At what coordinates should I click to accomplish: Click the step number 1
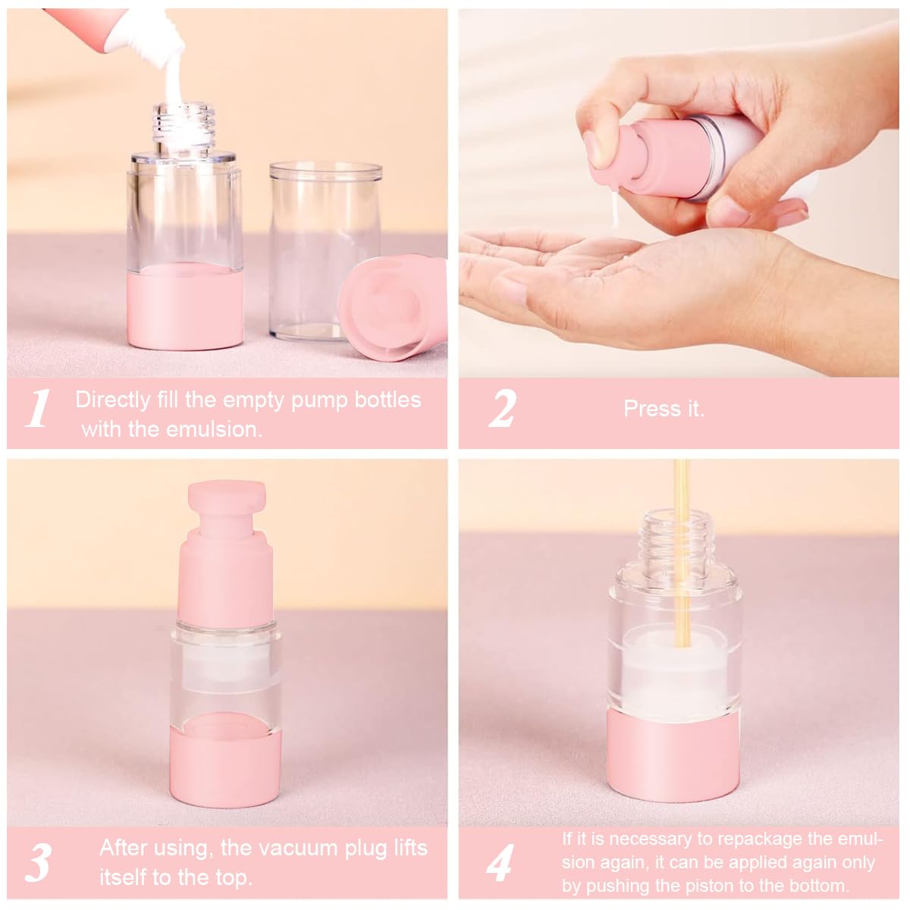point(38,409)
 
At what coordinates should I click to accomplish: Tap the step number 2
point(501,409)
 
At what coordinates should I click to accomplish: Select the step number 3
point(38,862)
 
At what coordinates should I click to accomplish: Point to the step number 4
point(500,862)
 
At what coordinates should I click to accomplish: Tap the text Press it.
point(664,409)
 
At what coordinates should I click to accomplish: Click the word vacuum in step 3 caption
point(303,848)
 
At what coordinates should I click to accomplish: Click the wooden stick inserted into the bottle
point(680,546)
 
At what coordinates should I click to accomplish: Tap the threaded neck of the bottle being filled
point(184,125)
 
